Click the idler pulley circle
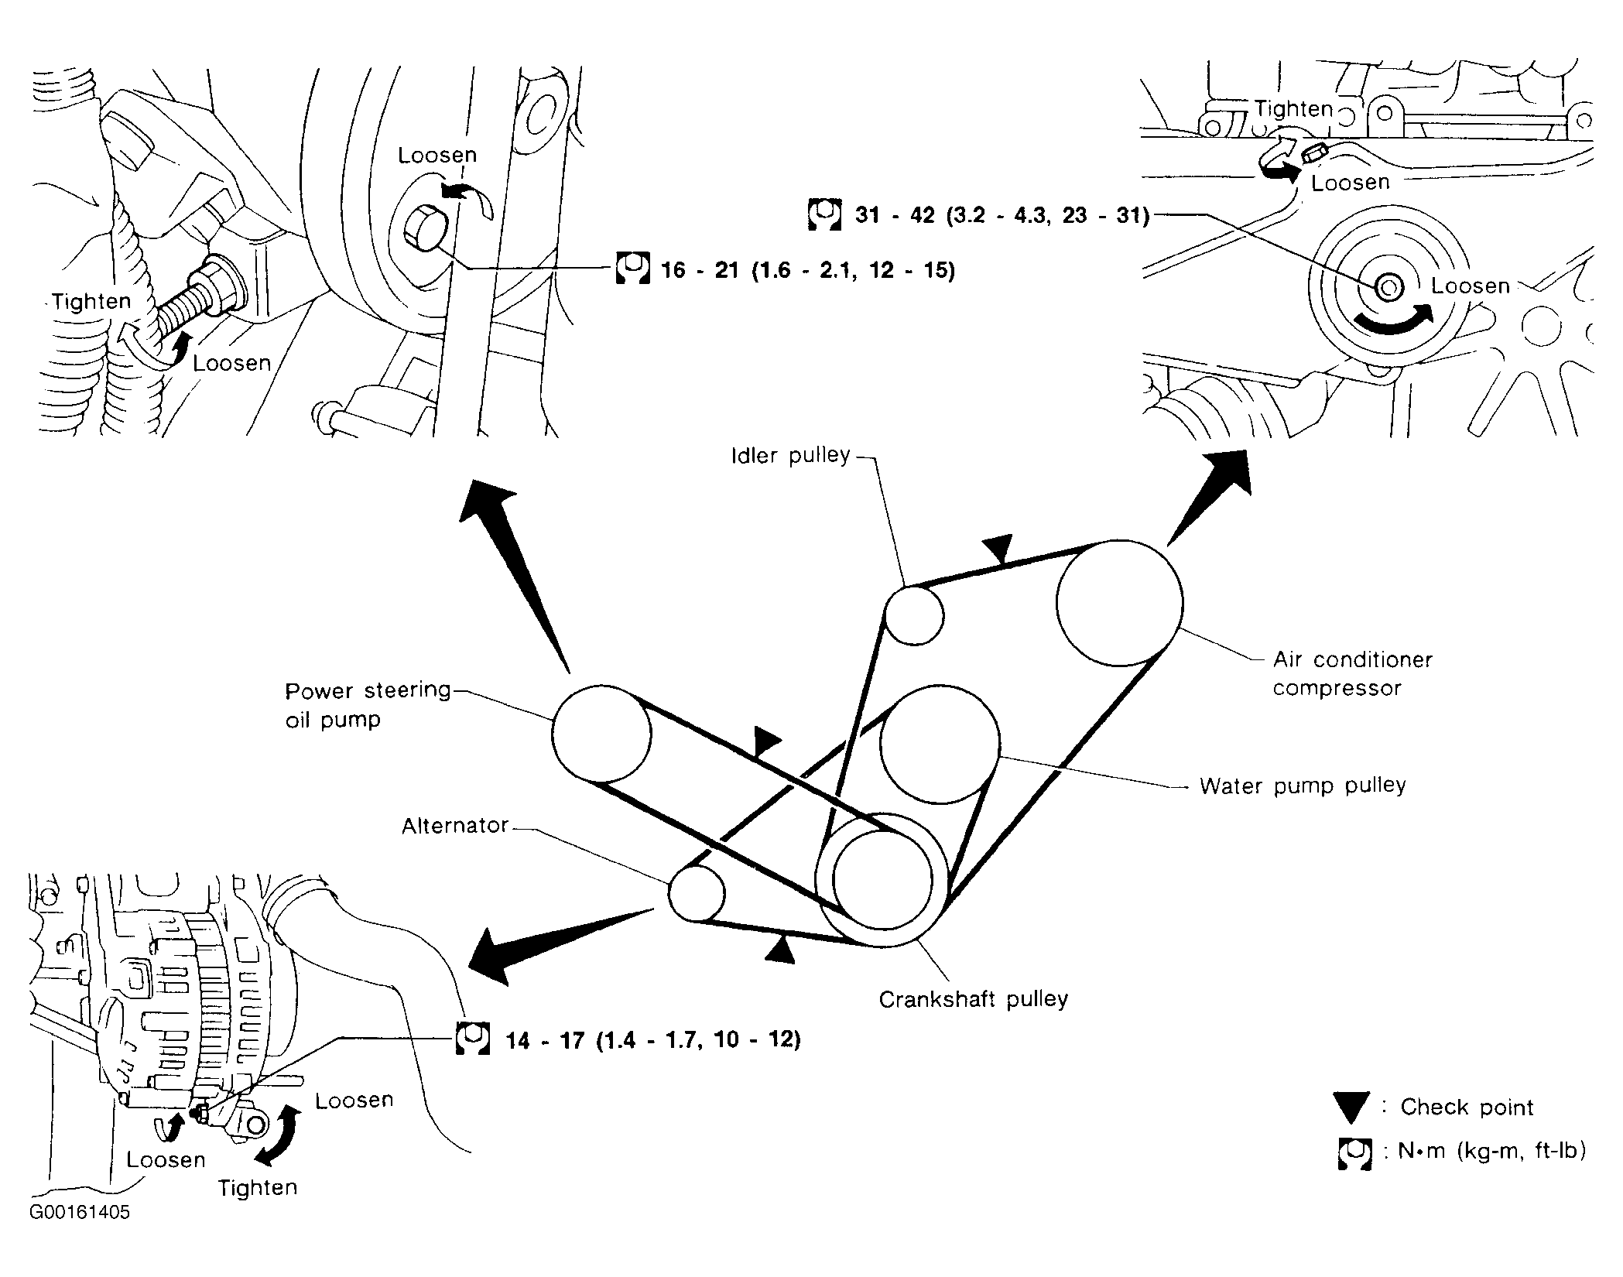914,615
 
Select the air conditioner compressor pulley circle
1119,602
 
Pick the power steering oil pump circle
601,733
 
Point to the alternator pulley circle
696,893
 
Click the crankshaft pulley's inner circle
882,880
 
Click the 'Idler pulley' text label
790,455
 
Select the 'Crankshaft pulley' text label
973,999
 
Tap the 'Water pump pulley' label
1303,786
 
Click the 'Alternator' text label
454,826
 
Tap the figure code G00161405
80,1212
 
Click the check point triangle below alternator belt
781,950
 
